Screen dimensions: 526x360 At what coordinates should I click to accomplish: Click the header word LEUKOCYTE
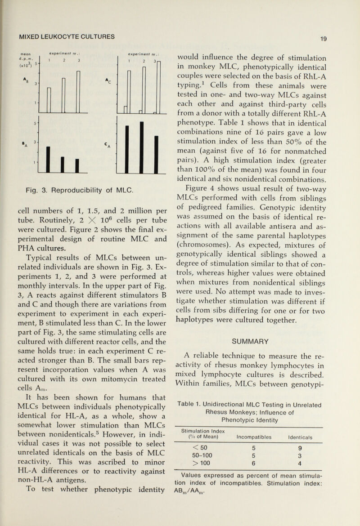[67, 36]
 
